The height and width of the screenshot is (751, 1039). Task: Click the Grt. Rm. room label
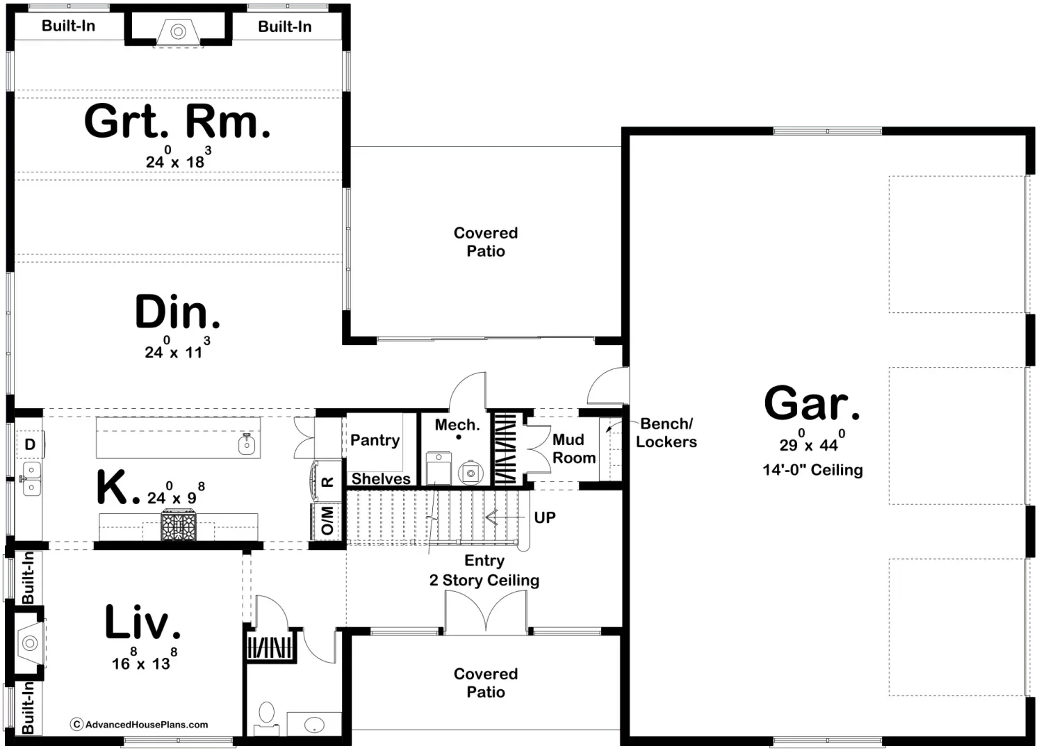pyautogui.click(x=177, y=122)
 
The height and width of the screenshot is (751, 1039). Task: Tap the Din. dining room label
pyautogui.click(x=177, y=313)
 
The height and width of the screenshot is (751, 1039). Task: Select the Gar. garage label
pyautogui.click(x=812, y=403)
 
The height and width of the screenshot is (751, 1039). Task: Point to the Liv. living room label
pyautogui.click(x=142, y=622)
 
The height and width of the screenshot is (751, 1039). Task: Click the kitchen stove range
pyautogui.click(x=180, y=526)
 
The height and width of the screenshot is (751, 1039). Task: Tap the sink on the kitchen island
pyautogui.click(x=247, y=443)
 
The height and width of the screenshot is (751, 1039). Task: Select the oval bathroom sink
pyautogui.click(x=314, y=724)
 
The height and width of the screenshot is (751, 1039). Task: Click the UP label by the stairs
pyautogui.click(x=545, y=517)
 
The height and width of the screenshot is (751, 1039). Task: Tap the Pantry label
pyautogui.click(x=375, y=440)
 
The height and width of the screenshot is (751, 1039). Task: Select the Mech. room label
pyautogui.click(x=457, y=425)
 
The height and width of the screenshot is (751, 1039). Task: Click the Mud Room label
pyautogui.click(x=574, y=449)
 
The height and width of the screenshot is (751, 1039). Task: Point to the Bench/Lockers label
pyautogui.click(x=666, y=433)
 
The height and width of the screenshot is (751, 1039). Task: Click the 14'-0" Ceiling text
pyautogui.click(x=812, y=470)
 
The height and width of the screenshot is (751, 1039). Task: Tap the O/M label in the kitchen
pyautogui.click(x=327, y=521)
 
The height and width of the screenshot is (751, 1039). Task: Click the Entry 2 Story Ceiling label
pyautogui.click(x=484, y=571)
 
